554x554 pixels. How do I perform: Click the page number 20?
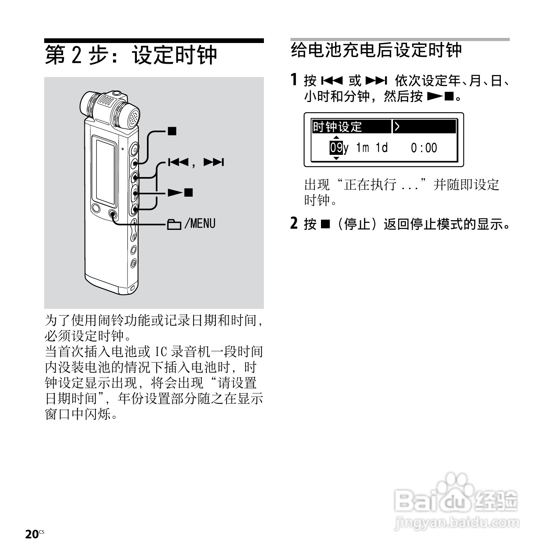pyautogui.click(x=31, y=534)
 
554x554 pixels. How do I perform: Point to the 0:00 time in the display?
pyautogui.click(x=424, y=148)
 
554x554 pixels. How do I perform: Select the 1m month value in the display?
pyautogui.click(x=362, y=148)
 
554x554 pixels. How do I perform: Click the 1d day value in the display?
pyautogui.click(x=382, y=148)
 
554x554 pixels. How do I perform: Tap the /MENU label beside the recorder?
pyautogui.click(x=200, y=224)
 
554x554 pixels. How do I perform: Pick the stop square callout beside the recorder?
pyautogui.click(x=172, y=131)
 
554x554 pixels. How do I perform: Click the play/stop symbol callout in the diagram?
pyautogui.click(x=180, y=192)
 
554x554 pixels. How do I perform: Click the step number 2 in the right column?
pyautogui.click(x=294, y=223)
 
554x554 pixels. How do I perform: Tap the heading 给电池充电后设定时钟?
pyautogui.click(x=377, y=50)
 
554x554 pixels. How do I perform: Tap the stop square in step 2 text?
pyautogui.click(x=325, y=224)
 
